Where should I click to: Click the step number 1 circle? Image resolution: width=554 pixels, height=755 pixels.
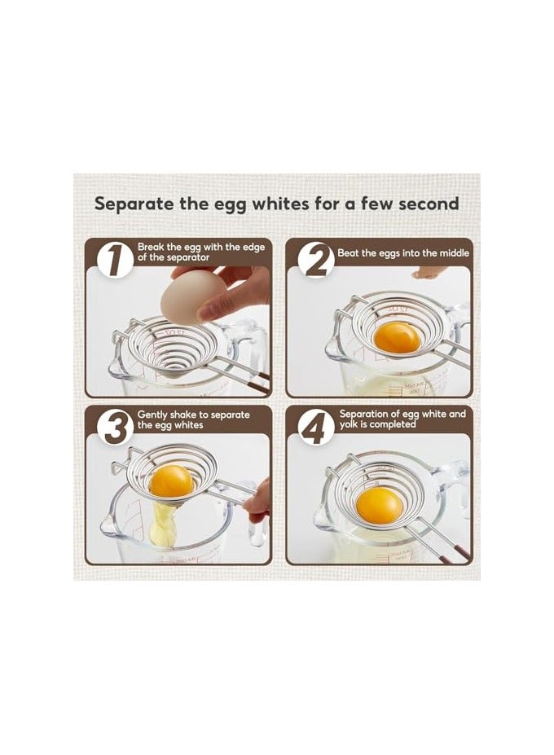click(x=114, y=260)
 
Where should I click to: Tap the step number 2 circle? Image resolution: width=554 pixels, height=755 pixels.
click(x=315, y=260)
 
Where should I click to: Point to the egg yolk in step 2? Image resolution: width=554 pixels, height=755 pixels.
click(x=397, y=335)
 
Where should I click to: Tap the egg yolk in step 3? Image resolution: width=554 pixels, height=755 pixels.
click(x=172, y=481)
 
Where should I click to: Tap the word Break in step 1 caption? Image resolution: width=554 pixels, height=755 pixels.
click(x=152, y=247)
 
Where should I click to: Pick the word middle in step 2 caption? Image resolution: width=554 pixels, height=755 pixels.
click(x=451, y=252)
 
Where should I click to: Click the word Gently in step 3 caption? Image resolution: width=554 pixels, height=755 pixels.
click(x=153, y=415)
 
